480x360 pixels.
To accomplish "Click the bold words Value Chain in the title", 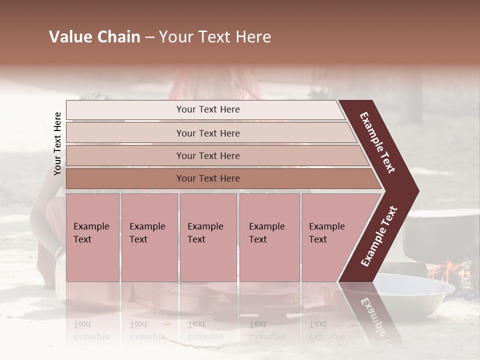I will [x=94, y=37].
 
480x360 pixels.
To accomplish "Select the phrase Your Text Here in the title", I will [x=215, y=37].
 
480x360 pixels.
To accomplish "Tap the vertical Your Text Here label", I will [x=58, y=143].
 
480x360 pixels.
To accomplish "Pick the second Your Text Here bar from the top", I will [x=208, y=133].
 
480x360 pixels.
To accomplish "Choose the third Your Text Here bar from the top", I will [x=208, y=155].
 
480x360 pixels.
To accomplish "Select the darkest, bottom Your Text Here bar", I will [x=208, y=178].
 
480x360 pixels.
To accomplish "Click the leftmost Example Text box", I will [x=92, y=237].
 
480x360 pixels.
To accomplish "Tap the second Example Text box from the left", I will [x=149, y=237].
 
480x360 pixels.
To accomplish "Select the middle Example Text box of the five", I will [x=208, y=237].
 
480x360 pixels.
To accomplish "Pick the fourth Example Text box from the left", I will [x=269, y=237].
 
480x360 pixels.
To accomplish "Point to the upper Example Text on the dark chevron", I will [x=377, y=142].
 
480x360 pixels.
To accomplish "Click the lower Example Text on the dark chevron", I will [x=379, y=236].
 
